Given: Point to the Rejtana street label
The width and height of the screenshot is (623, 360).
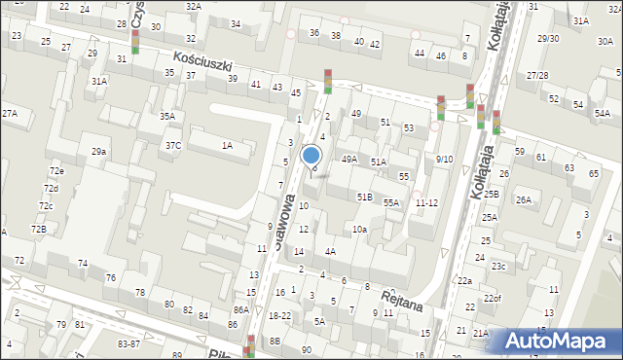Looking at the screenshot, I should [x=401, y=297].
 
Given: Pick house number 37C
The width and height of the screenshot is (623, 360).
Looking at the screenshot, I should [x=172, y=146].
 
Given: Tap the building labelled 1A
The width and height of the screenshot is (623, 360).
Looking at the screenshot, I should [x=227, y=146].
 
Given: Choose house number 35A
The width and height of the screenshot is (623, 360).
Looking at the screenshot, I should [x=167, y=117].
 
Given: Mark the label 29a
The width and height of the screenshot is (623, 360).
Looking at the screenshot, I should [x=98, y=152].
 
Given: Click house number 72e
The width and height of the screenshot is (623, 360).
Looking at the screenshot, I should [x=56, y=171].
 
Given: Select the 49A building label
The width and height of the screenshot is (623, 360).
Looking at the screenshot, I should [x=348, y=159].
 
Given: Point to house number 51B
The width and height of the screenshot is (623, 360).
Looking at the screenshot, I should [x=364, y=198].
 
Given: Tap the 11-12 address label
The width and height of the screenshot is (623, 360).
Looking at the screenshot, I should [x=426, y=203].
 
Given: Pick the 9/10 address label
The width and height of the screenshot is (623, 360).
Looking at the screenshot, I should [x=444, y=159].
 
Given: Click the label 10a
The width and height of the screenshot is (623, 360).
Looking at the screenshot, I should [x=359, y=230].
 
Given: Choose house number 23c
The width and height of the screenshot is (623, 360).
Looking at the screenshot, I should [x=498, y=266].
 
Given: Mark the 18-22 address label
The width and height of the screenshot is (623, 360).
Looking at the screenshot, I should [x=279, y=316].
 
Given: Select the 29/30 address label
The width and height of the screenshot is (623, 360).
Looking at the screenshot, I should [x=547, y=39].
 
